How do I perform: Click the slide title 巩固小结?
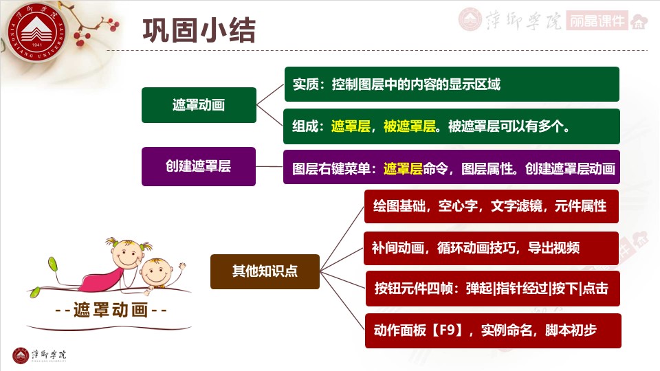pos(199,30)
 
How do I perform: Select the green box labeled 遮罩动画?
pos(199,105)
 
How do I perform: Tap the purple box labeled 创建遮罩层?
pos(198,166)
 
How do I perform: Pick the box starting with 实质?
pos(451,85)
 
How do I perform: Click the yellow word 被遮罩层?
pos(410,126)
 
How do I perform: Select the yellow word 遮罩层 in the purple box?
pos(403,168)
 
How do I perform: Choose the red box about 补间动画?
pos(491,247)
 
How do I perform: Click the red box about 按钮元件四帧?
pos(491,289)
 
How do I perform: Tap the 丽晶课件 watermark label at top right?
pos(597,21)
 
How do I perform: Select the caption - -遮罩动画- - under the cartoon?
pos(111,310)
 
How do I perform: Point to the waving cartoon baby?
pos(161,271)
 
